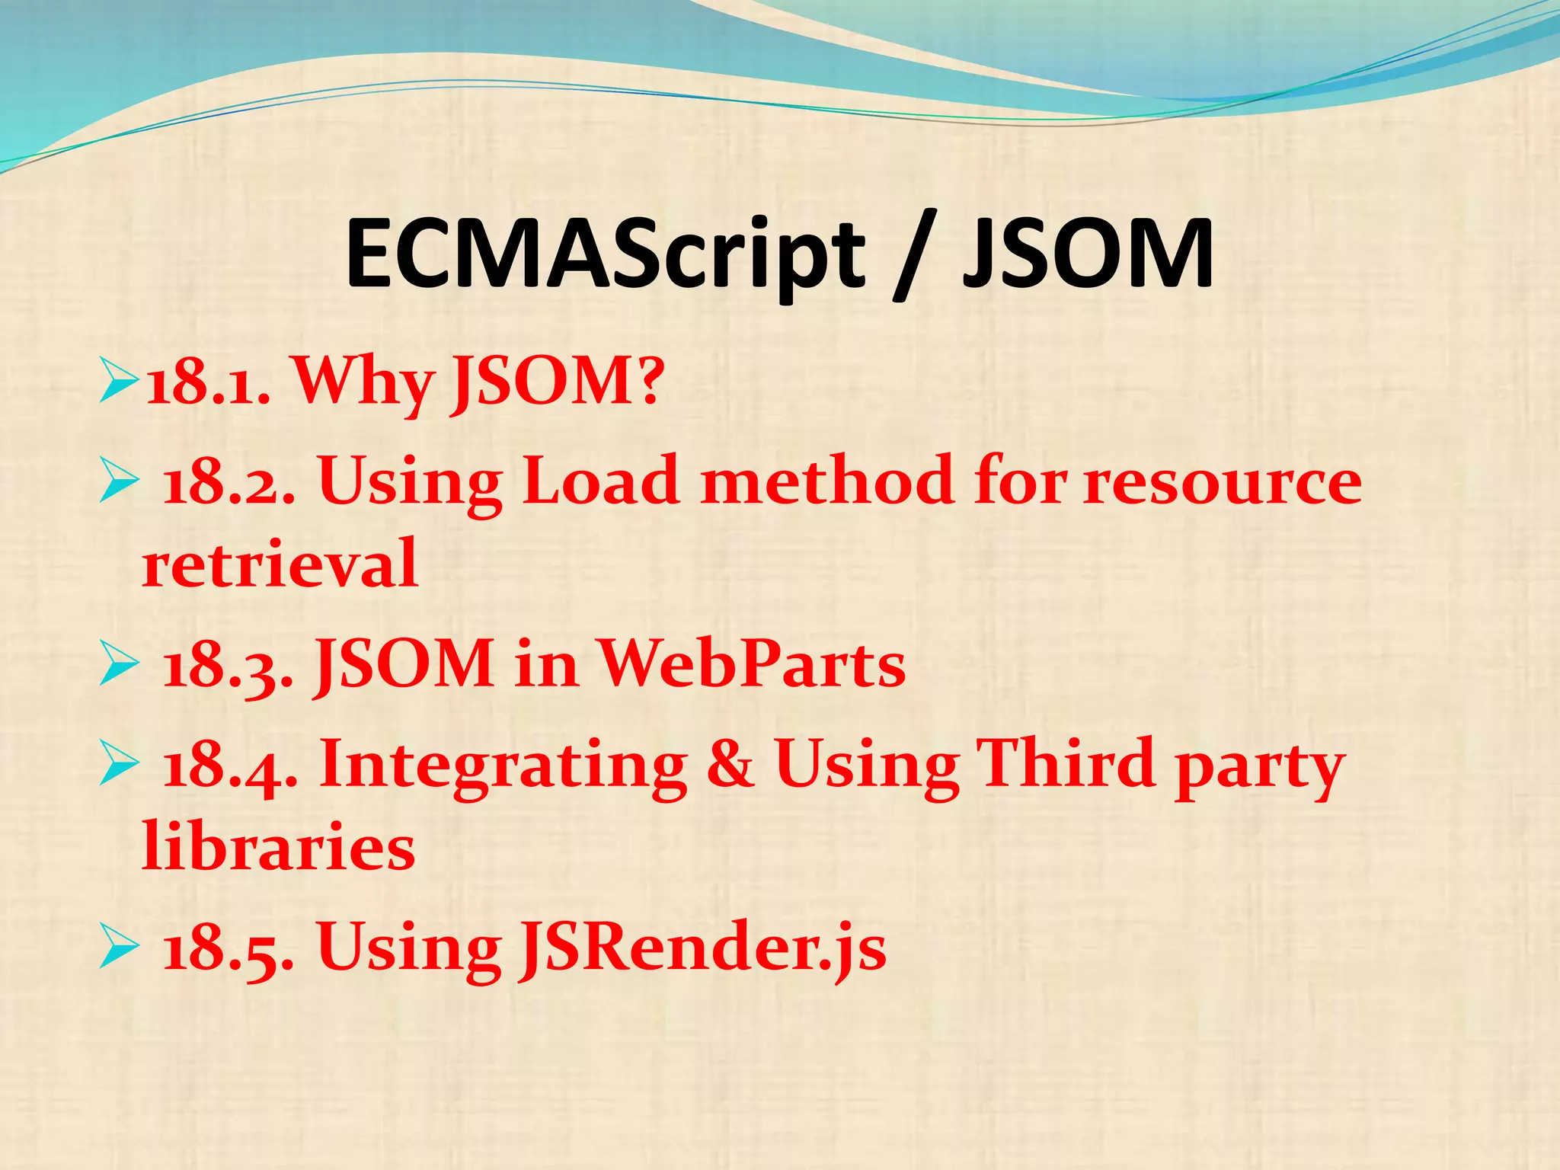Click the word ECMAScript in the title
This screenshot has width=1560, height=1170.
tap(606, 255)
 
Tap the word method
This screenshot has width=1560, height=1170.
tap(826, 481)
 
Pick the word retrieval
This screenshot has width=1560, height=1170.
tap(280, 564)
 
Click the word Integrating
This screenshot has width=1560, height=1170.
tap(503, 766)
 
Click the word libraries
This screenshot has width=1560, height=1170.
tap(279, 847)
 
